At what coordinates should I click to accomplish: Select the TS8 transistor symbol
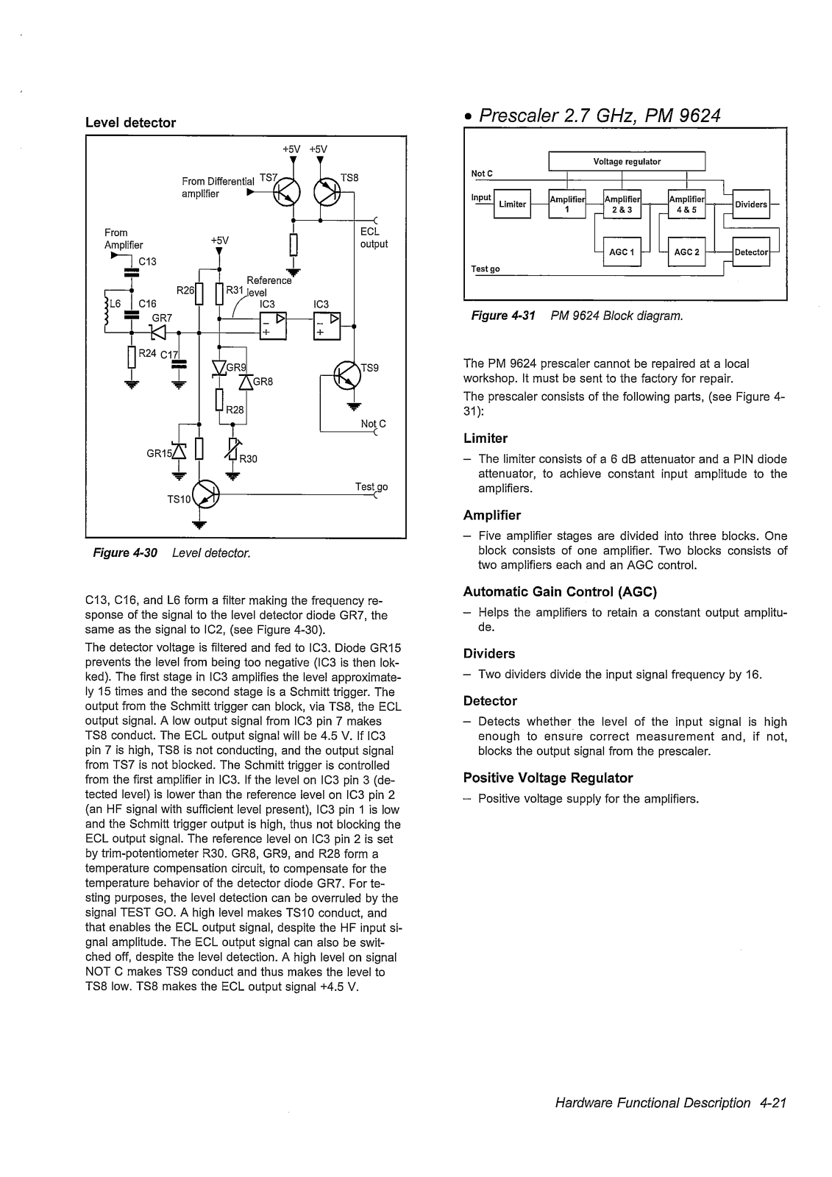point(327,193)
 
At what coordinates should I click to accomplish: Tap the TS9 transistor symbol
point(347,375)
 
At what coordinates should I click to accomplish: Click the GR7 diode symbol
point(158,332)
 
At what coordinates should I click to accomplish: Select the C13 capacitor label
point(147,261)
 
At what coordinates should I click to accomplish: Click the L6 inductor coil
point(107,310)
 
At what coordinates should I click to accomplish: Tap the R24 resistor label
point(147,353)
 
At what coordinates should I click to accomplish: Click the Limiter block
point(513,204)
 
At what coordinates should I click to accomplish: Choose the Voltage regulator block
point(627,161)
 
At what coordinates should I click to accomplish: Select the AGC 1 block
point(622,252)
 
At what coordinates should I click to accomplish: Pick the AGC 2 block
point(686,252)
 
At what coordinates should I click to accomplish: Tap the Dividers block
point(751,204)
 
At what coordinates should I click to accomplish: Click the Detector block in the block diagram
point(751,252)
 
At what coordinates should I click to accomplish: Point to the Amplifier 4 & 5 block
point(686,204)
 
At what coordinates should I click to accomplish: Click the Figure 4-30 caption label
point(125,552)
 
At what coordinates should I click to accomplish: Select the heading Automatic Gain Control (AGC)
point(560,591)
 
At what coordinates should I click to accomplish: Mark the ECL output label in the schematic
point(374,238)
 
